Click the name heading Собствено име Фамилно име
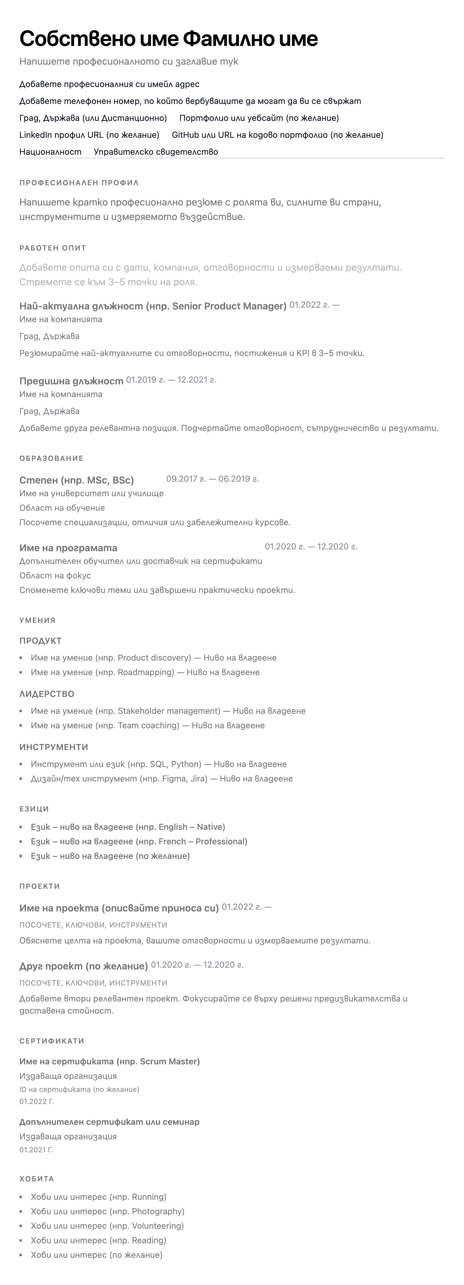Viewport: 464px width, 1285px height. pos(169,39)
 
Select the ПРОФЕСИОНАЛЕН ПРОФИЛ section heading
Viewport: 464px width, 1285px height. pos(79,183)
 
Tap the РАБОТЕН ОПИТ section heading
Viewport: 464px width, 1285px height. pos(53,248)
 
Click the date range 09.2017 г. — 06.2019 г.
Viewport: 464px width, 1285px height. pos(212,479)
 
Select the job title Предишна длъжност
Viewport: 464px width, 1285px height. pos(71,381)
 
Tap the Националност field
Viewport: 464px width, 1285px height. pos(50,152)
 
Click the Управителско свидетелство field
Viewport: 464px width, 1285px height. pos(156,152)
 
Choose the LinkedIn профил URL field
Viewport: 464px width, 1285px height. pos(89,135)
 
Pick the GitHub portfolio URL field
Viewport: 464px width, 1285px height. pos(277,135)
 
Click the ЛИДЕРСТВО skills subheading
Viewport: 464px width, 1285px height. pos(47,694)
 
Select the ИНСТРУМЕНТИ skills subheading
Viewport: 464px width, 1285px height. pos(54,747)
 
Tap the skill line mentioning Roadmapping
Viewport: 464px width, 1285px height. pos(145,672)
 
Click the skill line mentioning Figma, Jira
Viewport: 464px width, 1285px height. pos(162,778)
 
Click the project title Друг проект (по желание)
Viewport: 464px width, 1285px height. pos(84,966)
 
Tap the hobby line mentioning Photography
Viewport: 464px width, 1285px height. pos(108,1211)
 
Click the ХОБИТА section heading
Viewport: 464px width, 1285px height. pos(36,1179)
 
